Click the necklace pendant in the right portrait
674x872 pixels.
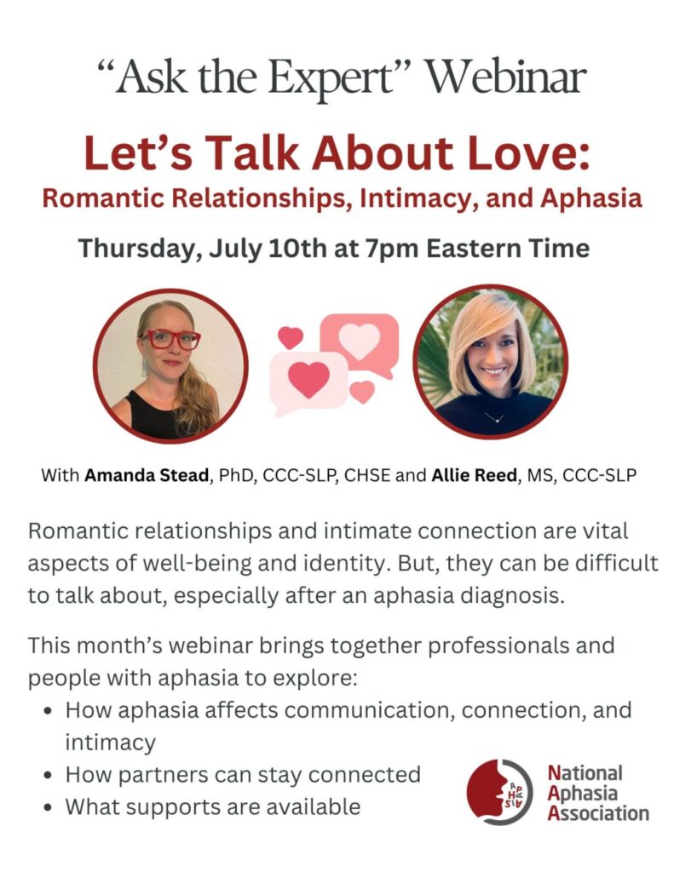[493, 420]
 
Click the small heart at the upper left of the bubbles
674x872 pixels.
[290, 337]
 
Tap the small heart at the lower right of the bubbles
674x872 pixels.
[362, 392]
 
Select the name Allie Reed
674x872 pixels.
[475, 476]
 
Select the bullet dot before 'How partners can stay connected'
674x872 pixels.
[50, 776]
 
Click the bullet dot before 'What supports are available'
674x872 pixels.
[50, 808]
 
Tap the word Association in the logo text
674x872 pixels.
[598, 813]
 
